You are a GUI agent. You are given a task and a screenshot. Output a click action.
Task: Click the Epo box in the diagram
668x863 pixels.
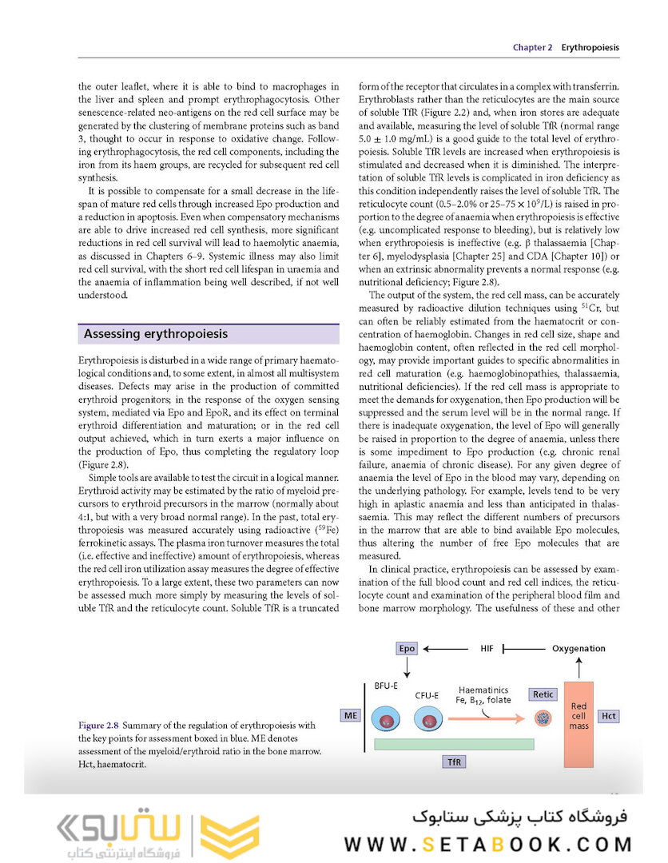tap(408, 648)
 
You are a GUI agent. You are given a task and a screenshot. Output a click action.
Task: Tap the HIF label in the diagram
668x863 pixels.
tap(487, 648)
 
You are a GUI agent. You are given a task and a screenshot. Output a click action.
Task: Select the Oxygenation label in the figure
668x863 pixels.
tap(579, 648)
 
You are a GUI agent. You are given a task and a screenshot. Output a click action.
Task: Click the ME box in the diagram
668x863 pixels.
tap(350, 715)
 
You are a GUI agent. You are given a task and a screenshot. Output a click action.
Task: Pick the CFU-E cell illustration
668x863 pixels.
tap(428, 719)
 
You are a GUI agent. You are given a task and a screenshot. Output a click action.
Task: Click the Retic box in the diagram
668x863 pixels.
tap(543, 694)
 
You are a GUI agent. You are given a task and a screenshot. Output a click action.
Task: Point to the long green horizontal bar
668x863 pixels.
tap(453, 743)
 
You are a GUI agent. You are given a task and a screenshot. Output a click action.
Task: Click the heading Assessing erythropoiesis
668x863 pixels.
tap(156, 334)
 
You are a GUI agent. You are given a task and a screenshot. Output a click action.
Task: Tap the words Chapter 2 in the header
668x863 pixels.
tap(532, 48)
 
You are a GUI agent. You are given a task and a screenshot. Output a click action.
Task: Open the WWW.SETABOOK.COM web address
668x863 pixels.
tap(488, 844)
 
